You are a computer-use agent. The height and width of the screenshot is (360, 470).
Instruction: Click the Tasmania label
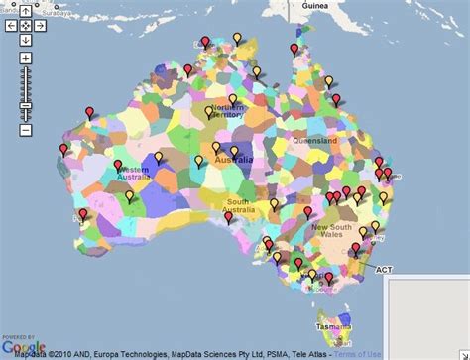tap(333, 326)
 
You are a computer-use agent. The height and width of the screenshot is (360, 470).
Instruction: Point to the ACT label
tap(382, 267)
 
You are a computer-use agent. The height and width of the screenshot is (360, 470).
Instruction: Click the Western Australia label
tap(134, 176)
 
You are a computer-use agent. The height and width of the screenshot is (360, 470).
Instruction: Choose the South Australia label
tap(238, 205)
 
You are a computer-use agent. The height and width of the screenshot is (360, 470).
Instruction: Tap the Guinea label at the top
tap(314, 8)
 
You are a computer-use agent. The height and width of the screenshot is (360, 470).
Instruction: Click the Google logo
tap(22, 346)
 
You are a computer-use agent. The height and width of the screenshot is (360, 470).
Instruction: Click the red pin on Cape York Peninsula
tap(294, 49)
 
